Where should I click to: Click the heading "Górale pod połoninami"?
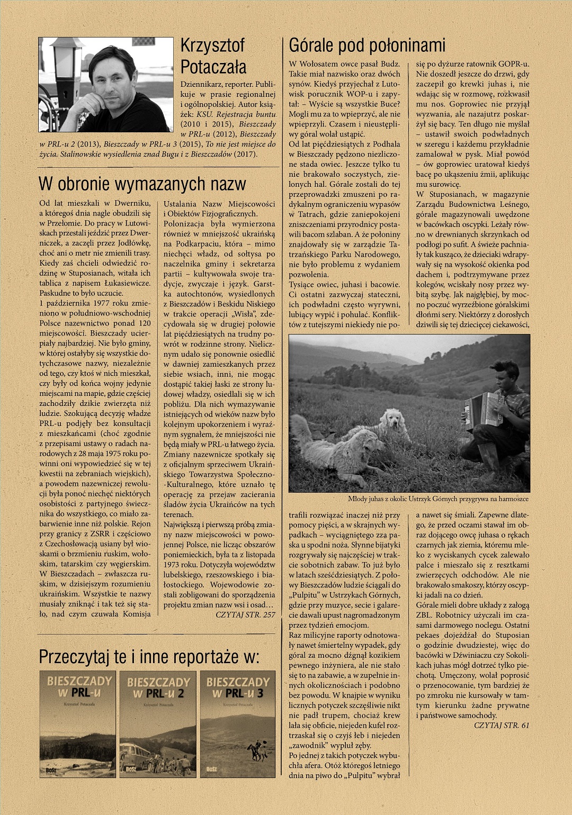(367, 46)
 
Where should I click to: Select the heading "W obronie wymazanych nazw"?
(142, 184)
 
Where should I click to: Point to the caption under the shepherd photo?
(438, 499)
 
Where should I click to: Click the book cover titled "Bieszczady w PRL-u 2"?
(158, 723)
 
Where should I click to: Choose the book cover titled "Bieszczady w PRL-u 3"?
(238, 723)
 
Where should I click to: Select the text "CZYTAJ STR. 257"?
(245, 614)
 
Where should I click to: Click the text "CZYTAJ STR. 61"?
(501, 725)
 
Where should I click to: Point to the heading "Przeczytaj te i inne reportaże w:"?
(149, 657)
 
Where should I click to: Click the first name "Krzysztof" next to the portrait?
(212, 46)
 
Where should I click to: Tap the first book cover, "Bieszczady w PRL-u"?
(77, 723)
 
